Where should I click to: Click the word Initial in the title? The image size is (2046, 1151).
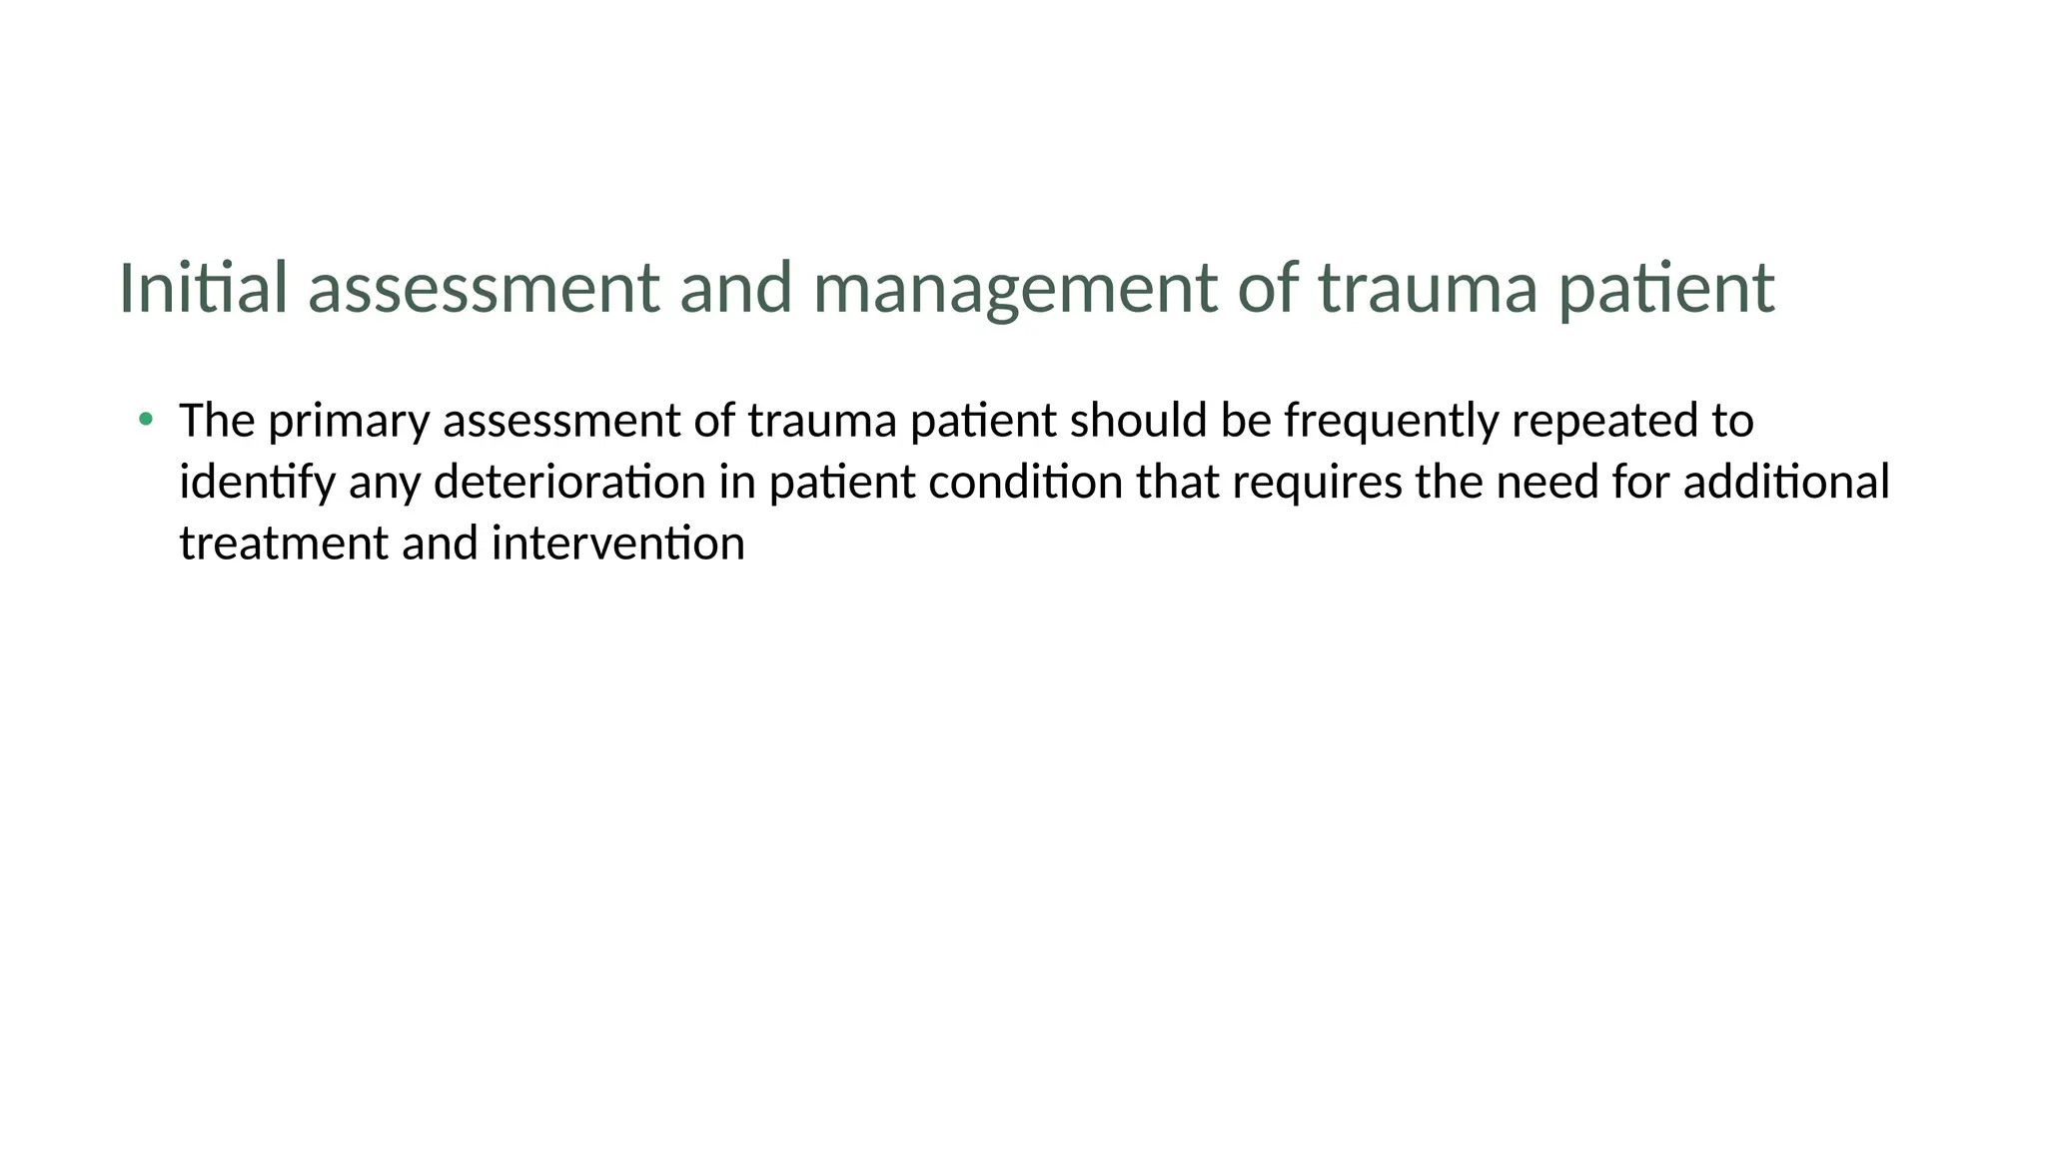(x=203, y=288)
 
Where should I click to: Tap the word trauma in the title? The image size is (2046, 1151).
(x=1428, y=288)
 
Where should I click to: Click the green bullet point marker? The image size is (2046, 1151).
(x=146, y=419)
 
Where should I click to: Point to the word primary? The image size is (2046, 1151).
(x=349, y=422)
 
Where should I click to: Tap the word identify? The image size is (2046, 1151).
(x=257, y=483)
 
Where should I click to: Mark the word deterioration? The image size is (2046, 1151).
(x=569, y=483)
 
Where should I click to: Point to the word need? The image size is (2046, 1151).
(x=1546, y=483)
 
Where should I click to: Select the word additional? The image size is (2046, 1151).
(x=1786, y=483)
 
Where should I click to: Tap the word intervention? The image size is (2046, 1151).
(x=617, y=545)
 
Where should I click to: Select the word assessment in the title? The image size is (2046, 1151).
(x=484, y=288)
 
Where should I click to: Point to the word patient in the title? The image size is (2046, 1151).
(x=1666, y=288)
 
